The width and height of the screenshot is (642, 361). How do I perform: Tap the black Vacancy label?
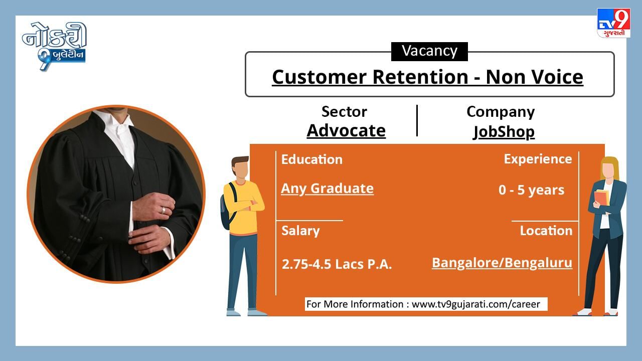[x=429, y=51]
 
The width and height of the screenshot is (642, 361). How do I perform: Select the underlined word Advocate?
[x=346, y=131]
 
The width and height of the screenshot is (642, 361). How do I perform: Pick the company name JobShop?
[x=504, y=132]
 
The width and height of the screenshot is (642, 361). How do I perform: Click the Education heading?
[x=312, y=159]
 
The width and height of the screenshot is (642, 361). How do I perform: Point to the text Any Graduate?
[x=328, y=189]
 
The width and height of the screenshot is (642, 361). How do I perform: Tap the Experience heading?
[x=538, y=159]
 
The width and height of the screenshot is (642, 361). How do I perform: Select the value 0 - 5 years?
[x=531, y=190]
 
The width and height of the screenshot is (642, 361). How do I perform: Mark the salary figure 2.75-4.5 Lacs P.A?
[x=337, y=264]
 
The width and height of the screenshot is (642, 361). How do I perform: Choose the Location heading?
[x=546, y=231]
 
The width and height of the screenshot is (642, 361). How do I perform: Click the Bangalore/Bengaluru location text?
[x=502, y=263]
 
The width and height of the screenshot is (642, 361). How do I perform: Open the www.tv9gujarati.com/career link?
[x=476, y=304]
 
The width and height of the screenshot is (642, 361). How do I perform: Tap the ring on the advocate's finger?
[x=163, y=210]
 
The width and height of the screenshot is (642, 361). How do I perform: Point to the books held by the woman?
[x=602, y=198]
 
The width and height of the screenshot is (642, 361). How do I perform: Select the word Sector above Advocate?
[x=344, y=112]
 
